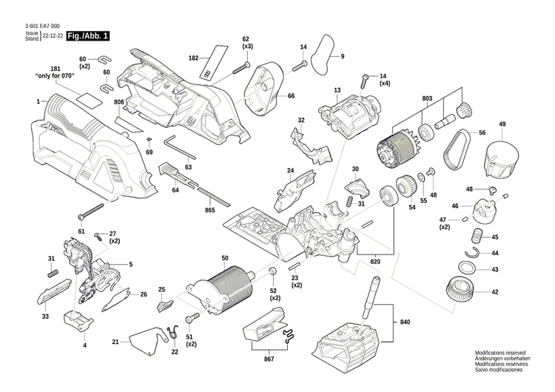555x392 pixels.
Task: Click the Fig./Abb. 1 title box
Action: click(88, 36)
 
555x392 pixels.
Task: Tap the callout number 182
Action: click(194, 57)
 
